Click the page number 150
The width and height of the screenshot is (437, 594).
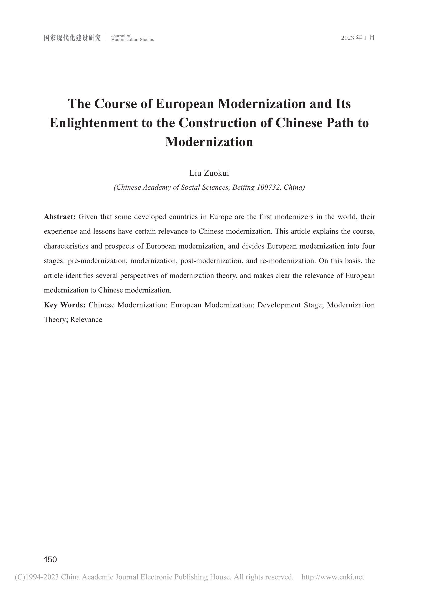[x=50, y=559]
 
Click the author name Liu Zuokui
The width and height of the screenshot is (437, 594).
[x=209, y=173]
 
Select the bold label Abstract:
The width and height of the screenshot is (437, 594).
[x=60, y=217]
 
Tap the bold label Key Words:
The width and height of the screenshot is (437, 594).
[x=64, y=305]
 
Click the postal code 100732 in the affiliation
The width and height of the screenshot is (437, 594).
[x=269, y=188]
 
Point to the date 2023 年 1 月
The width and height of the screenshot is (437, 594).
[x=358, y=38]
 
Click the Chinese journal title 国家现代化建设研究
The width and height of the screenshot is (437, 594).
[x=72, y=38]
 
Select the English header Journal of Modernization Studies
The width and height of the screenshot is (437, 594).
[x=132, y=38]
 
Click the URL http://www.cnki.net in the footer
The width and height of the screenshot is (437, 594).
[x=333, y=577]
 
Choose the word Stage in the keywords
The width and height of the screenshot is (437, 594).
[x=315, y=305]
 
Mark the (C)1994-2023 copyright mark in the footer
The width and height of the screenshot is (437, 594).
[x=37, y=577]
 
